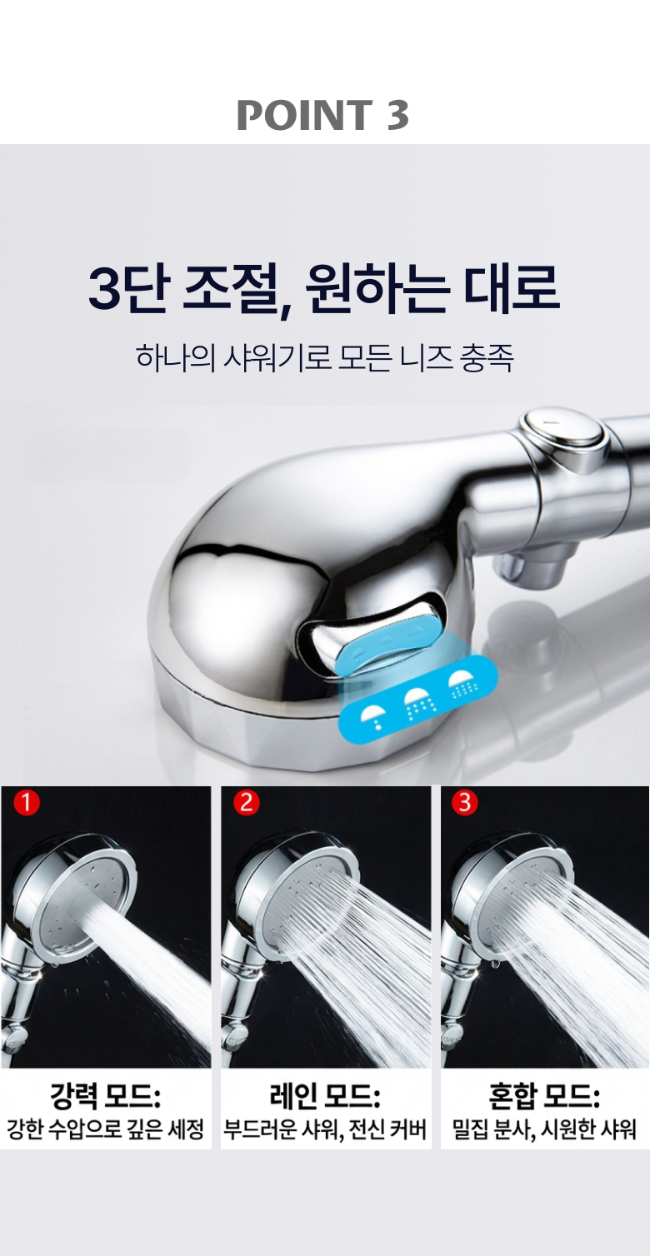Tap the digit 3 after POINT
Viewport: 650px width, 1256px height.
click(397, 115)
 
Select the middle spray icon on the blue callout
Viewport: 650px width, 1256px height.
click(417, 702)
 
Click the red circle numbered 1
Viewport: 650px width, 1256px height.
click(26, 804)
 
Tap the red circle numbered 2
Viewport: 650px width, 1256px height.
click(246, 803)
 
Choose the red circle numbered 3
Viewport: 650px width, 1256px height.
click(464, 802)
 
